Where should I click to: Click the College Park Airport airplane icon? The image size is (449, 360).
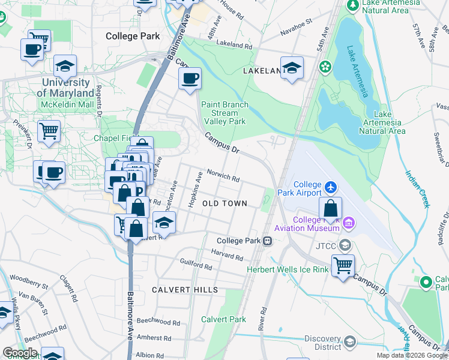point(330,188)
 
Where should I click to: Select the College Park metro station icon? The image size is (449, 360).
point(267,241)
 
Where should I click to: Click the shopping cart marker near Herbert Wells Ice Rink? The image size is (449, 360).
point(343,265)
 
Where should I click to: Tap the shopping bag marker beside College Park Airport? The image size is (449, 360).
point(330,209)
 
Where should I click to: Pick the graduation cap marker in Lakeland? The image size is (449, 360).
point(292,68)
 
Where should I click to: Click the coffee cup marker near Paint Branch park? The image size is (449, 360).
point(190,79)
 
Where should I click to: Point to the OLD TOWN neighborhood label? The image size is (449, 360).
point(224,203)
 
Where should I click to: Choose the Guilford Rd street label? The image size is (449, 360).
point(196,265)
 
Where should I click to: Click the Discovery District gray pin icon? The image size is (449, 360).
point(350,342)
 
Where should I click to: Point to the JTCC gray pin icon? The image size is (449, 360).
point(345,245)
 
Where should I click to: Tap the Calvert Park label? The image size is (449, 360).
point(223,319)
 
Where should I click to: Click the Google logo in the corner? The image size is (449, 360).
point(20,353)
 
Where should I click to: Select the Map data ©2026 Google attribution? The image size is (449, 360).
point(412,355)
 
